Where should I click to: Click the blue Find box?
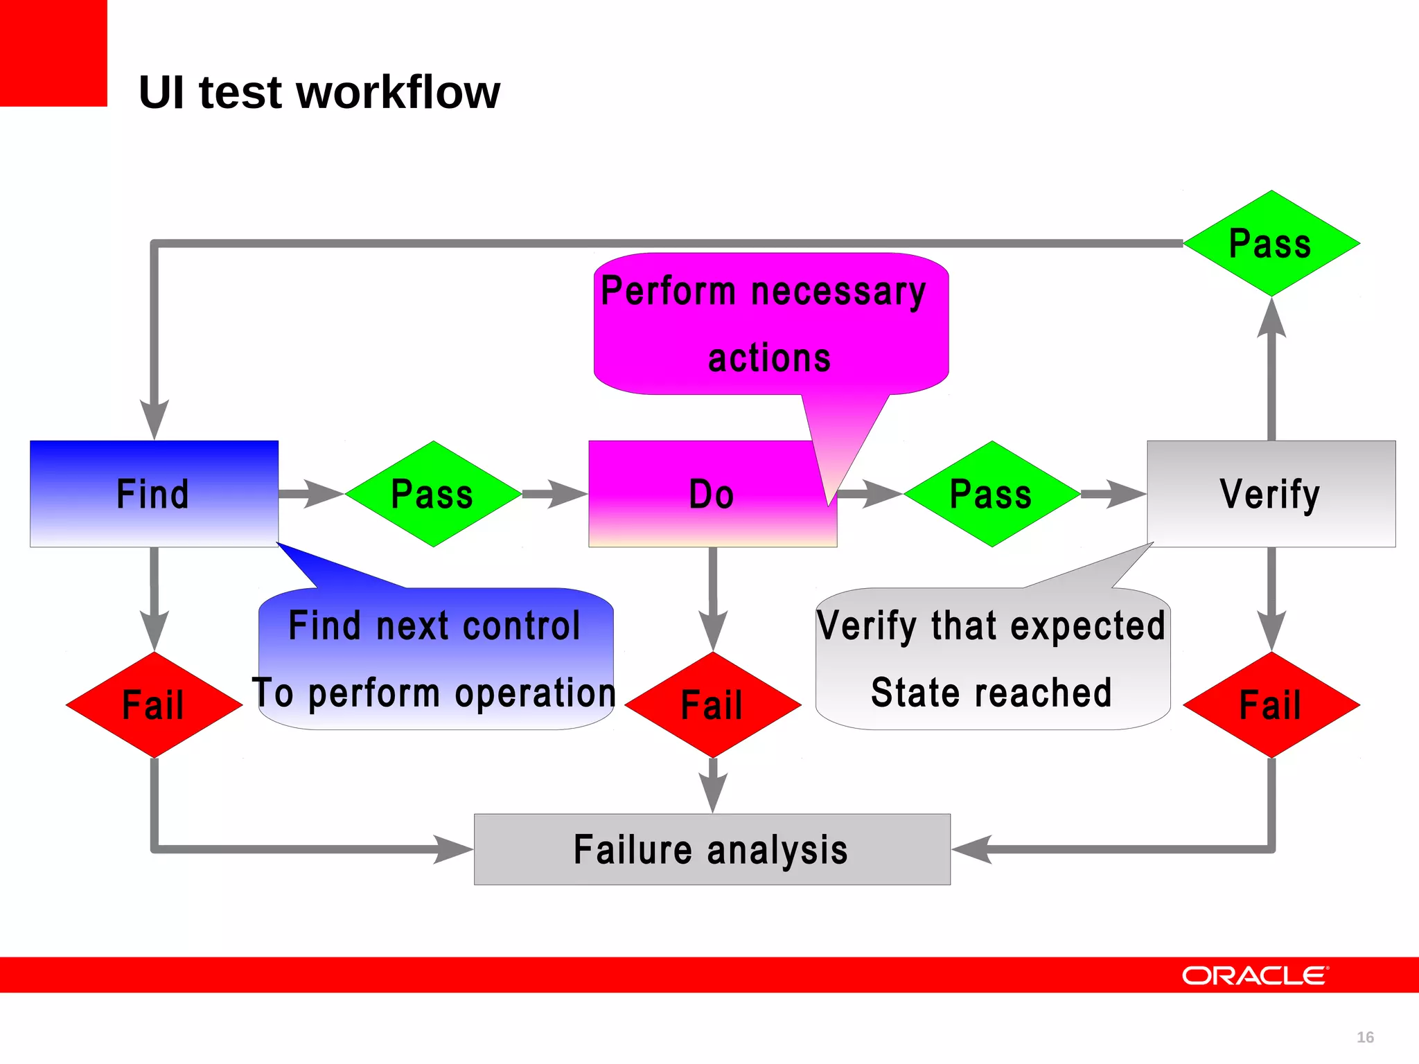click(154, 493)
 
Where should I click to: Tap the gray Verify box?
click(1271, 493)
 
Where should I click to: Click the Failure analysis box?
click(712, 849)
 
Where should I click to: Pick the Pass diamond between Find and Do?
click(433, 494)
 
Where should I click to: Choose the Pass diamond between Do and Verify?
click(991, 494)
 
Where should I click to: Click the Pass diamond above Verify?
click(1271, 243)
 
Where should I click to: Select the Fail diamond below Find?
click(154, 704)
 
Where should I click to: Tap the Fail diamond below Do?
click(712, 704)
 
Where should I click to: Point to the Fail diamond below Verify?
click(1271, 704)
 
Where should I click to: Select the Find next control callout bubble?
click(435, 658)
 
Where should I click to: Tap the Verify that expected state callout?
click(992, 658)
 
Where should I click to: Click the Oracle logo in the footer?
click(1255, 975)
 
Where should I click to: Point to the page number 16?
click(1364, 1037)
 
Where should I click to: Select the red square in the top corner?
click(53, 53)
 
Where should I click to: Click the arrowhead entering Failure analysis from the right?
click(971, 849)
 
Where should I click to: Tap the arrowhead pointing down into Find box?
click(154, 418)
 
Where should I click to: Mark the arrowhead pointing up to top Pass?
click(1271, 319)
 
